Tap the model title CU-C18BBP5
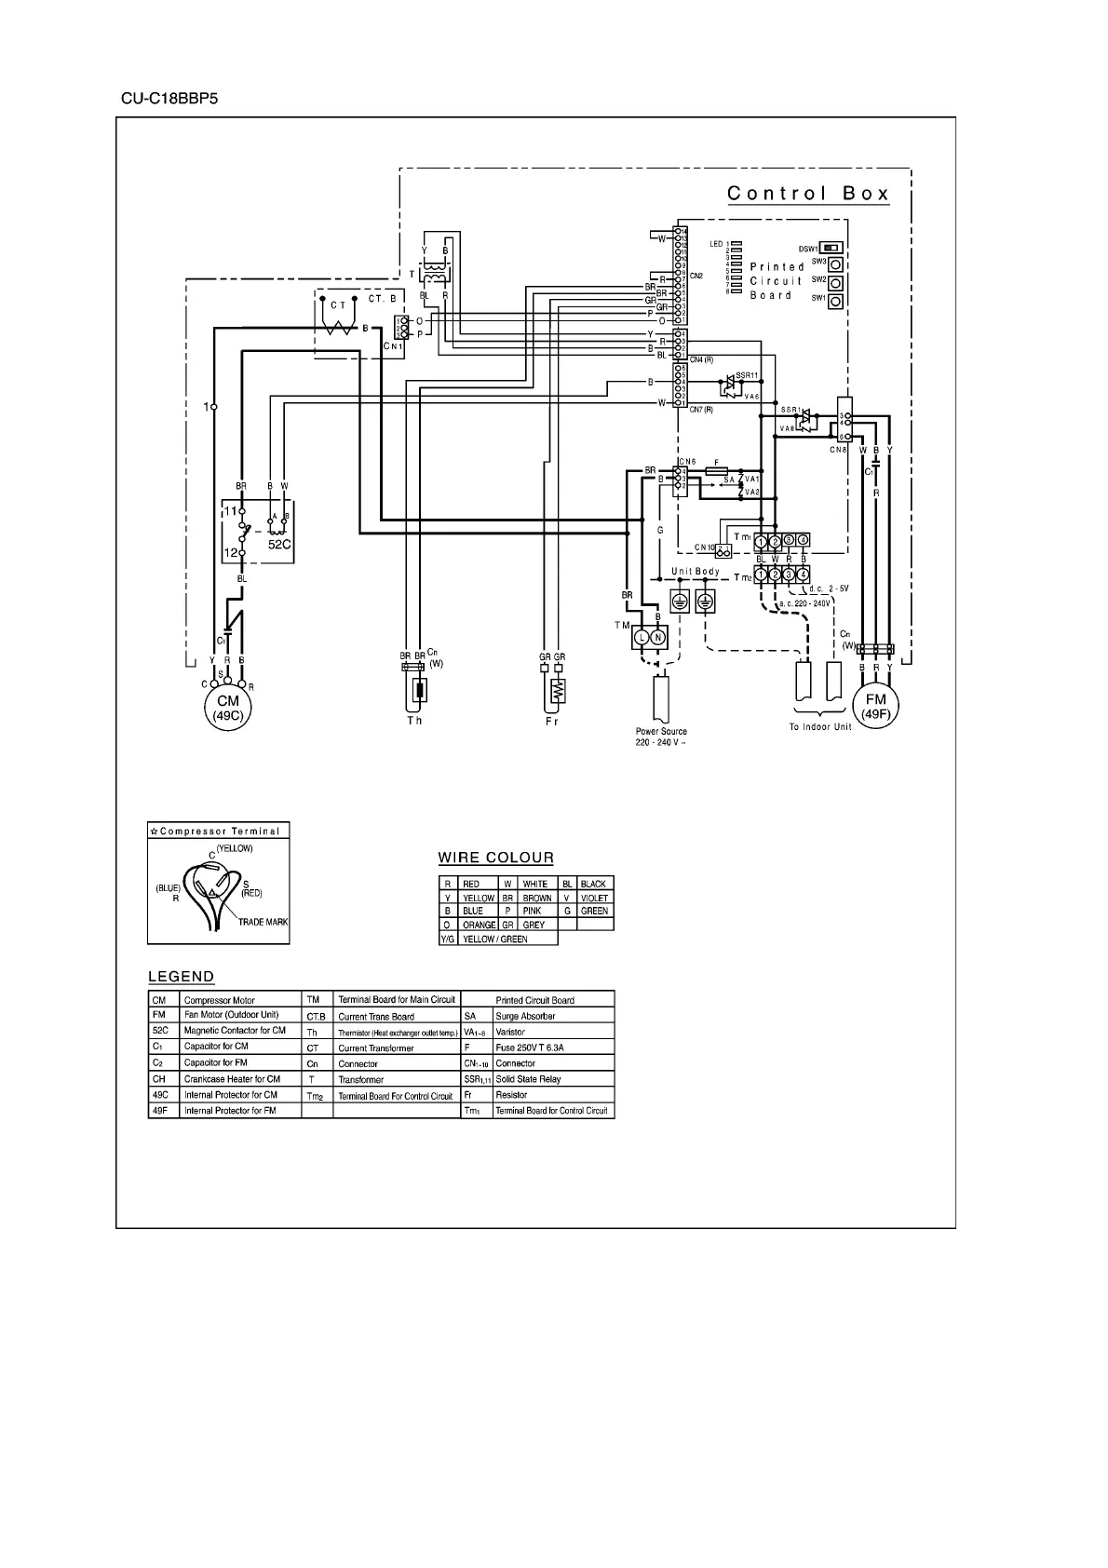coord(169,98)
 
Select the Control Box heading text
coord(807,194)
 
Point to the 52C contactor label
coord(280,544)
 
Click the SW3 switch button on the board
coord(836,264)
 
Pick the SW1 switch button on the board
coord(836,301)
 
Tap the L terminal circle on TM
coord(641,638)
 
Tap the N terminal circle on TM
coord(658,638)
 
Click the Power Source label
coord(661,732)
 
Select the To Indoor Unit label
coord(820,726)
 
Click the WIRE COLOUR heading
coord(495,858)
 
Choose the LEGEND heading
coord(182,977)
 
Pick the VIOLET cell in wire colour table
coord(594,898)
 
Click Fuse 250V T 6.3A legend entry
coord(530,1048)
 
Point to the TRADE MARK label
coord(263,922)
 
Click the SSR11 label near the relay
coord(748,375)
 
